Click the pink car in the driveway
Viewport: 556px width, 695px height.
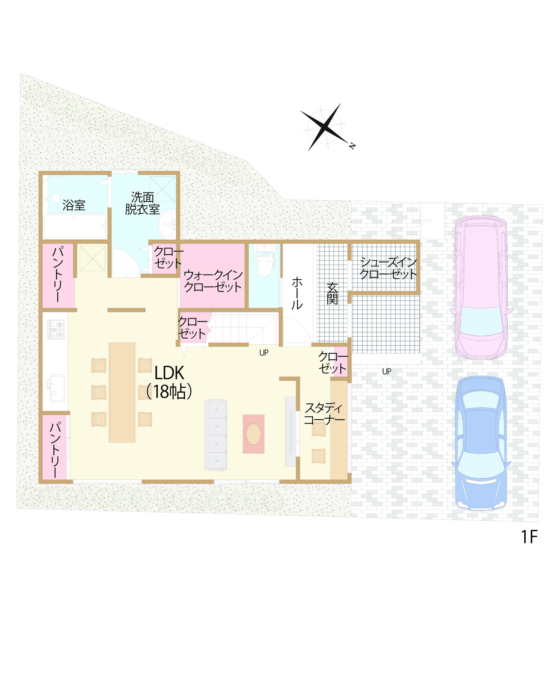pos(480,287)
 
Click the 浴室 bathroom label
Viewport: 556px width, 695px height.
pos(74,205)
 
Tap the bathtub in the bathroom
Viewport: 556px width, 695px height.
pos(75,226)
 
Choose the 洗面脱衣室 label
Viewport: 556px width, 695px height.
pos(142,203)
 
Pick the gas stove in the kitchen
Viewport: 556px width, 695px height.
pos(56,329)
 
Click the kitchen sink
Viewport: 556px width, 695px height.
pos(57,388)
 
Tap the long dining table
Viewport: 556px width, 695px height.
pos(122,392)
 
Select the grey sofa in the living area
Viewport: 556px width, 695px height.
pos(216,435)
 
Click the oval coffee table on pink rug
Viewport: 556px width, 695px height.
pos(254,434)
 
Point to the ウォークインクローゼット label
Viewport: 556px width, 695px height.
pos(213,281)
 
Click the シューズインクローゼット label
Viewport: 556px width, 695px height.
pos(388,268)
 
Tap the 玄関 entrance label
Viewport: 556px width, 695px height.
pos(332,293)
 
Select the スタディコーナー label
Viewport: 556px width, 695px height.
pos(324,413)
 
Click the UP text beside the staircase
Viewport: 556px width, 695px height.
pos(264,353)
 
